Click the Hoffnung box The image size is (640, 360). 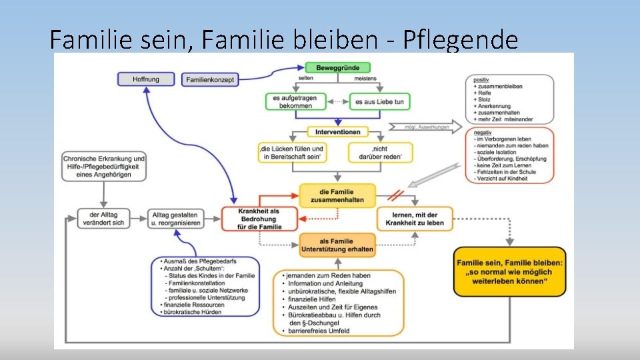click(145, 79)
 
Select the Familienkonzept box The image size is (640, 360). click(210, 79)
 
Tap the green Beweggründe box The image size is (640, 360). click(337, 67)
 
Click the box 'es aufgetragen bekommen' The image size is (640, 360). click(295, 101)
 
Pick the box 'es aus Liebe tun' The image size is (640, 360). click(379, 101)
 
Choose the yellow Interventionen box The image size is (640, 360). click(338, 132)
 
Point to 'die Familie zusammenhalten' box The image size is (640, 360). click(338, 195)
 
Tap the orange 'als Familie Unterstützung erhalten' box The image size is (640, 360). click(337, 245)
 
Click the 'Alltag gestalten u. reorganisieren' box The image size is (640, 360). click(175, 219)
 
